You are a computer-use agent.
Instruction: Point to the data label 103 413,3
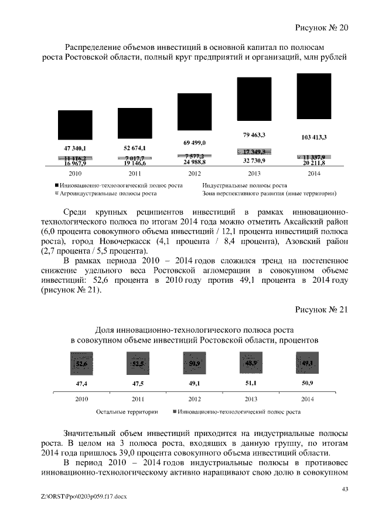[x=313, y=137]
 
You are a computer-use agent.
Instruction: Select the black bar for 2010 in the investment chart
[x=75, y=126]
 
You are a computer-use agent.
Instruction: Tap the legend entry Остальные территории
[x=128, y=412]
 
